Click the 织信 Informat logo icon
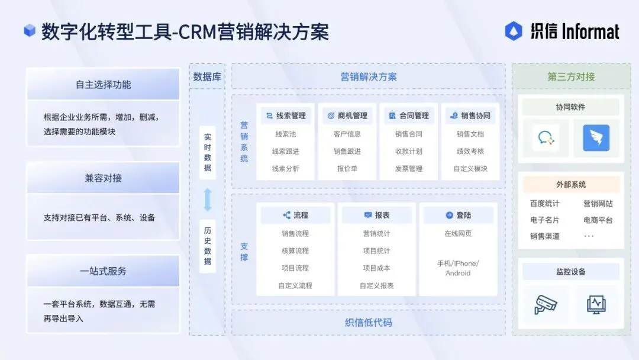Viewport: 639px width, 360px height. pos(514,31)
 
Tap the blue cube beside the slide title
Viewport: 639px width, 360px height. pos(30,31)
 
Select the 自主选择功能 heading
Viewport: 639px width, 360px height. pos(103,85)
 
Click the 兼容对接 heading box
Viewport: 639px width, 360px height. pos(103,178)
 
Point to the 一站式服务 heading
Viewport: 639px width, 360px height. pos(103,271)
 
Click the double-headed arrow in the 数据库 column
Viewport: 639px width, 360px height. pos(208,200)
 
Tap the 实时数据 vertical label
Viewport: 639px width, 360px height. pos(208,152)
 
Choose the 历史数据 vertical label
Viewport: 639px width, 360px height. pos(208,246)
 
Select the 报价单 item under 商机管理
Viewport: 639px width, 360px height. pos(347,168)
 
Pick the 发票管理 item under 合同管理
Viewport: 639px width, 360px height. pos(409,168)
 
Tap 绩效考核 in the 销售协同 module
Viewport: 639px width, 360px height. pos(470,151)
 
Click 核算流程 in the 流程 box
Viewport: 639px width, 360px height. pos(295,250)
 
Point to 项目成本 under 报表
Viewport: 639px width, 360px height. pos(376,268)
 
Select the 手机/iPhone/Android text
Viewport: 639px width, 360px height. pos(458,268)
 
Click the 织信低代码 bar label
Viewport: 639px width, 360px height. pos(368,323)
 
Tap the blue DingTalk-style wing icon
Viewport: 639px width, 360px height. pos(596,138)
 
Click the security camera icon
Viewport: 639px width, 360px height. pos(545,304)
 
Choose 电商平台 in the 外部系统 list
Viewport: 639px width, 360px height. pos(598,220)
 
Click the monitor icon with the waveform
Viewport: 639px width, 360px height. pos(596,304)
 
